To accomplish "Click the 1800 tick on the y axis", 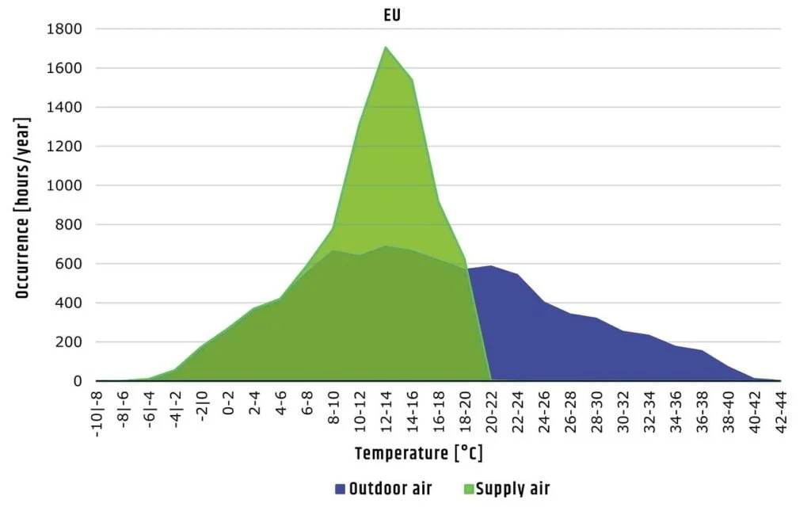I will pyautogui.click(x=67, y=29).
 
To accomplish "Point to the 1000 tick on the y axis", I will pyautogui.click(x=67, y=185).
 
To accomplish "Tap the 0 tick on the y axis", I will pyautogui.click(x=78, y=381).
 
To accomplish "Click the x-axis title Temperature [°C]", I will pyautogui.click(x=418, y=454).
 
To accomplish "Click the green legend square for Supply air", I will pyautogui.click(x=466, y=489).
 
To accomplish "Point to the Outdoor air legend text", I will pyautogui.click(x=390, y=489).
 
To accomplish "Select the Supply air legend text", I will pyautogui.click(x=512, y=489).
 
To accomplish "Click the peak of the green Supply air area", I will pyautogui.click(x=386, y=47).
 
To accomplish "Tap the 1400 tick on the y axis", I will pyautogui.click(x=67, y=107).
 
